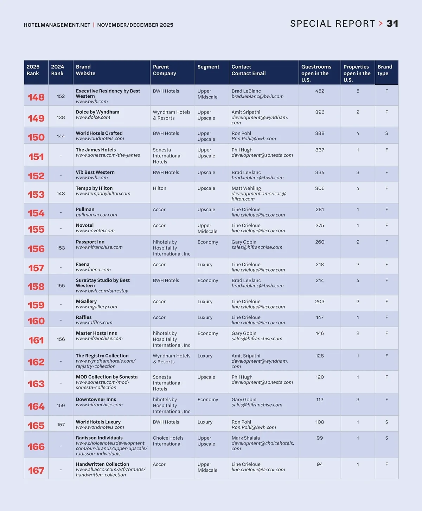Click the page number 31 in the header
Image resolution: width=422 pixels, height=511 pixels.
tap(392, 24)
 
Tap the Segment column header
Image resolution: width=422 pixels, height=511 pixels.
tap(208, 67)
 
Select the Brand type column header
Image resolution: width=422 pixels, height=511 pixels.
tap(385, 70)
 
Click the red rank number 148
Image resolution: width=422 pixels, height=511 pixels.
tap(36, 97)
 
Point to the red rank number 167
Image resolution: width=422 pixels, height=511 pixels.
tap(36, 471)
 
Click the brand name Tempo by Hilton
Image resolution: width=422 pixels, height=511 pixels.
tap(94, 188)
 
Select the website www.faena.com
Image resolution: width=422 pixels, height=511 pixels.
tap(93, 270)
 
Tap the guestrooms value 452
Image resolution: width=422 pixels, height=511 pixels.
tap(320, 91)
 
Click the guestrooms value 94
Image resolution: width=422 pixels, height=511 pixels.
tap(320, 464)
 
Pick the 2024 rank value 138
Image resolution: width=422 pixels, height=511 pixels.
tap(61, 117)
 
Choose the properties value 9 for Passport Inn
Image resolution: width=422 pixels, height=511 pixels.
tap(358, 242)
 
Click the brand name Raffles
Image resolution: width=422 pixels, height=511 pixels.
tap(84, 317)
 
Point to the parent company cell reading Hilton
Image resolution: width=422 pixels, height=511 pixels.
tap(159, 188)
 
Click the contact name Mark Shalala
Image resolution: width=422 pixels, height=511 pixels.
tap(245, 438)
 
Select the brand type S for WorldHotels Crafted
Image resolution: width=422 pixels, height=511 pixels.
tap(386, 134)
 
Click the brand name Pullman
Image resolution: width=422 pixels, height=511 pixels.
tap(85, 209)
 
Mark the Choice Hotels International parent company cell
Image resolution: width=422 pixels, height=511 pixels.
tap(168, 441)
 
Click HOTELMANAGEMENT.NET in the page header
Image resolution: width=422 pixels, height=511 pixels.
tap(57, 25)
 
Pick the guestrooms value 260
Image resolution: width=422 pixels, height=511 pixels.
tap(320, 242)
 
